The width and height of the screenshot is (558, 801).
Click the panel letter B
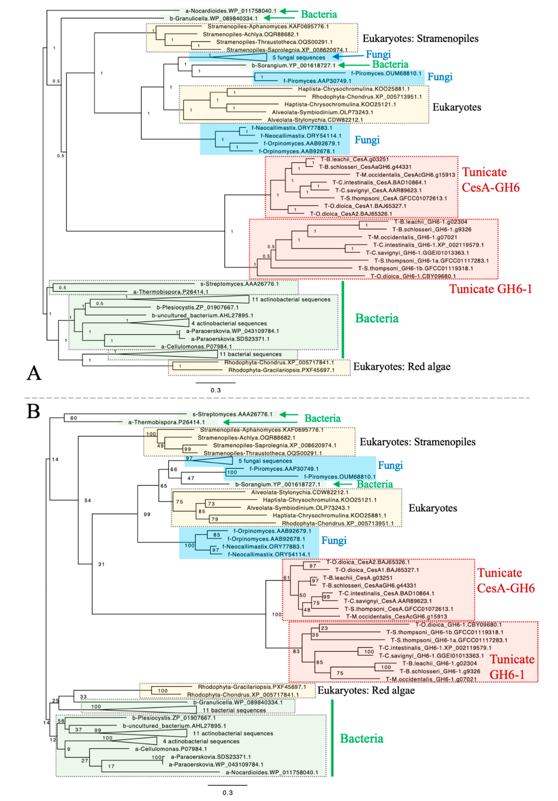pyautogui.click(x=33, y=412)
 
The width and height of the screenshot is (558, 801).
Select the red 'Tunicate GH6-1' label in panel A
pyautogui.click(x=490, y=289)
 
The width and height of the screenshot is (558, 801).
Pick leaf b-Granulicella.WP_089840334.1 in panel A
pyautogui.click(x=214, y=19)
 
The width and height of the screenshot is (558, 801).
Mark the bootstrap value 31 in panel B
pyautogui.click(x=101, y=564)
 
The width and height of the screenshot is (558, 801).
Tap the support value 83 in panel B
pyautogui.click(x=296, y=651)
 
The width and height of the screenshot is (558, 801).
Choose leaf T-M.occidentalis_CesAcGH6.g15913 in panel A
pyautogui.click(x=405, y=175)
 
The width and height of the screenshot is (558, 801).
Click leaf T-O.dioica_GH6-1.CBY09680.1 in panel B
pyautogui.click(x=458, y=624)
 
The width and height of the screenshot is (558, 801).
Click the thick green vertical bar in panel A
pyautogui.click(x=343, y=319)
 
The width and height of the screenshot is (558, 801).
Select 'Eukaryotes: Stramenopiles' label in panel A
pyautogui.click(x=420, y=38)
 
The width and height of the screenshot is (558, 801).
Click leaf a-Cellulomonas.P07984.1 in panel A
pyautogui.click(x=196, y=346)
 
